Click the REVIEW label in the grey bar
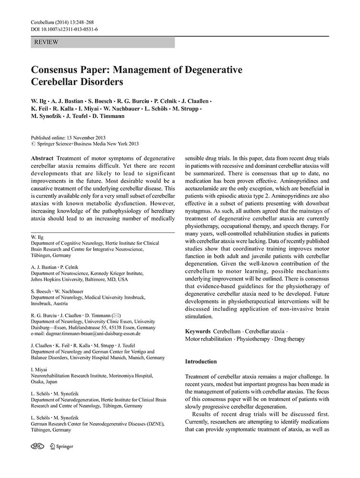46,43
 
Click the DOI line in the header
64,29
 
